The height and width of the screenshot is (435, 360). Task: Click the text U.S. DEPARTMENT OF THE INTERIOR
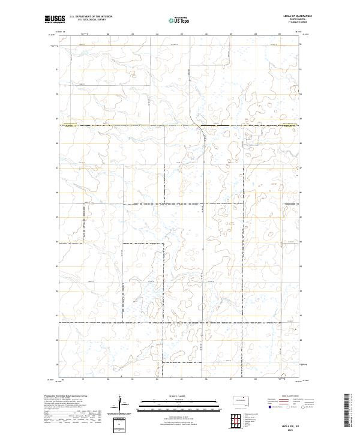91,17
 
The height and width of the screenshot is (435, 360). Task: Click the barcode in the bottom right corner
349,411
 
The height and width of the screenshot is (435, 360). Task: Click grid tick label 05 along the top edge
182,34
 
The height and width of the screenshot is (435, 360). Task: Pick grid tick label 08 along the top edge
256,34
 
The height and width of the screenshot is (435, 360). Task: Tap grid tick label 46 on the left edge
57,193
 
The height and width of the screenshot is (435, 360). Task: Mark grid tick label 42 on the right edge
301,291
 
